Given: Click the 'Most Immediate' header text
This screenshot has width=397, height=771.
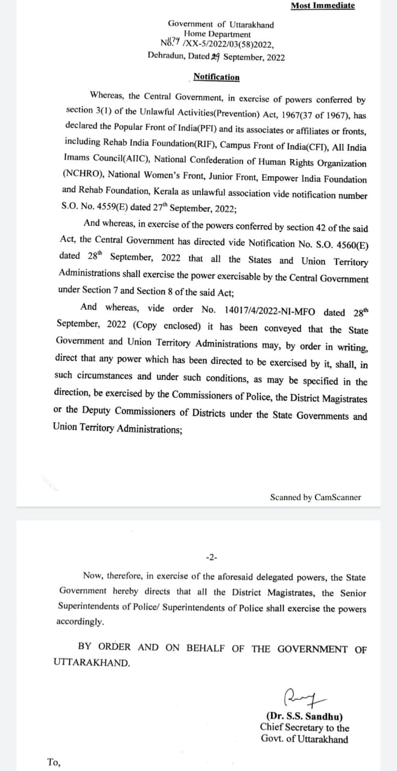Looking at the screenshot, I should [322, 6].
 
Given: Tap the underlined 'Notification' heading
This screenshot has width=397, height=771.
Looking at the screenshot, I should [216, 77].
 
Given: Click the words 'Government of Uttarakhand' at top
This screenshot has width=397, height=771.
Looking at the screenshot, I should [220, 25].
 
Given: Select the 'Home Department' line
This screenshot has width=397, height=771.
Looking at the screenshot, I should [217, 34].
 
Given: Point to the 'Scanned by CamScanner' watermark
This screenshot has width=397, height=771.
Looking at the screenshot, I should [316, 498].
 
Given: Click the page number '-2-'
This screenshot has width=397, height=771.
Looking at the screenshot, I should [212, 556].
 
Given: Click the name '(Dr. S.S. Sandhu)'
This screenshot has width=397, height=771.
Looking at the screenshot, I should [305, 717].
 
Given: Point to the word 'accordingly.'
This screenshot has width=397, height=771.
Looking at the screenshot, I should [80, 622].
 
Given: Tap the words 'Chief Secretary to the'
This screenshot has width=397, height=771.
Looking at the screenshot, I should [305, 728].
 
